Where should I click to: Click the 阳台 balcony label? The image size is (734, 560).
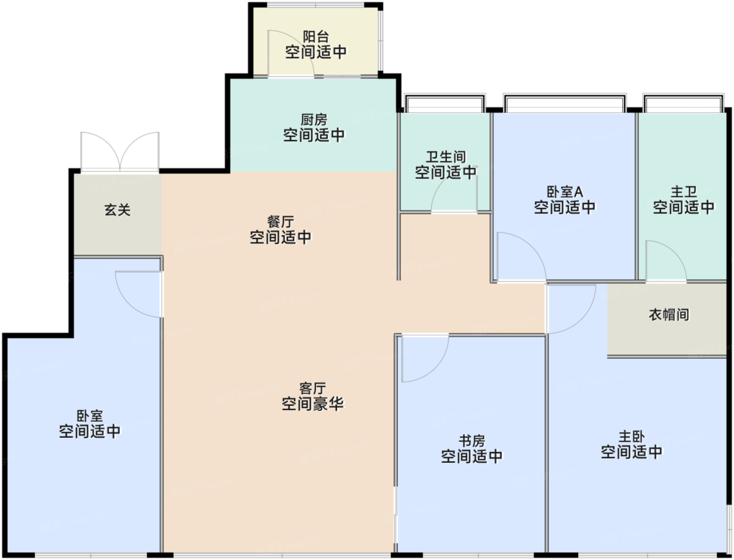tap(316, 37)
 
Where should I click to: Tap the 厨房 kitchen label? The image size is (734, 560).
tap(314, 120)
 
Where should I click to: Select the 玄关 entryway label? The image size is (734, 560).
tap(117, 210)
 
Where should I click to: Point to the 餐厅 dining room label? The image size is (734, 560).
tap(280, 222)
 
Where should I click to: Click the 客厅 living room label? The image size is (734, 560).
tap(312, 389)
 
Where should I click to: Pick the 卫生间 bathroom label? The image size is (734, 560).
tap(446, 157)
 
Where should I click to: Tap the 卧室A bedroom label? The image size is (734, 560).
tap(565, 192)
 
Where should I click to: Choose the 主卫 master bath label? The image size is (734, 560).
tap(684, 192)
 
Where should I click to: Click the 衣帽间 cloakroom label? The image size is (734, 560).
tap(669, 314)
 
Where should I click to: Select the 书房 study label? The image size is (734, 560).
tap(471, 441)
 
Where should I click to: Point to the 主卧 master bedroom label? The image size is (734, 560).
tap(631, 436)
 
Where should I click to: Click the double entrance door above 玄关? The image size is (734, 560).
tap(120, 152)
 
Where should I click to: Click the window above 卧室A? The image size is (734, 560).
tap(565, 103)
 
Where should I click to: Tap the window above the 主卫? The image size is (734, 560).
tap(684, 103)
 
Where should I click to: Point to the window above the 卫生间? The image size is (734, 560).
tap(445, 103)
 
